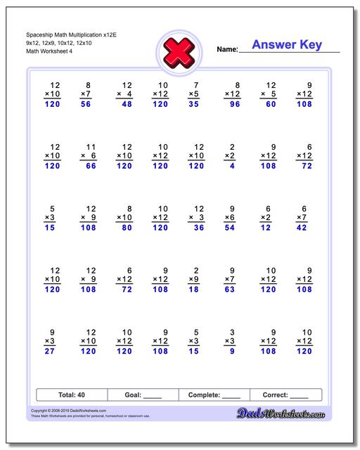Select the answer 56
pyautogui.click(x=86, y=103)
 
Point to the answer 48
pyautogui.click(x=127, y=103)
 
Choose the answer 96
pyautogui.click(x=235, y=103)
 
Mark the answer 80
pyautogui.click(x=127, y=228)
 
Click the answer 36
pyautogui.click(x=199, y=228)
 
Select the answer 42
pyautogui.click(x=302, y=228)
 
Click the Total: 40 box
pyautogui.click(x=72, y=395)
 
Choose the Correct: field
pyautogui.click(x=285, y=395)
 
